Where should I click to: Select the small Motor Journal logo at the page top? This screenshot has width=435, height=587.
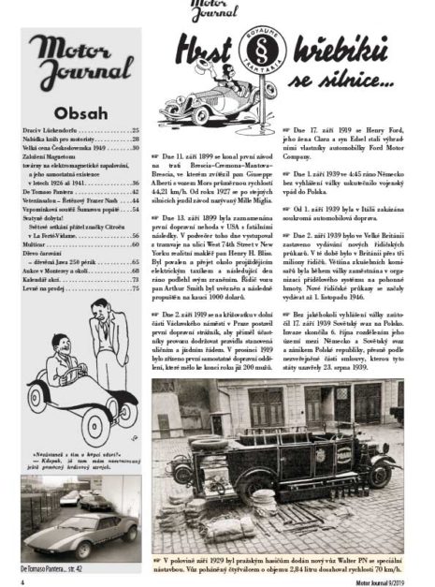coord(208,11)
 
